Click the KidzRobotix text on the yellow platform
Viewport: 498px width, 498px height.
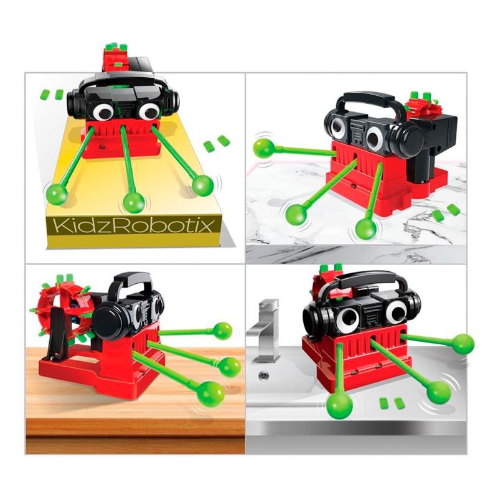(x=133, y=225)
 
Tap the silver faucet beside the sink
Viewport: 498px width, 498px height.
(x=264, y=331)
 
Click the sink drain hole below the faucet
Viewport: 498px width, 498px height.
(x=263, y=375)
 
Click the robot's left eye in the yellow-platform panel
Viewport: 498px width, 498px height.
(x=103, y=112)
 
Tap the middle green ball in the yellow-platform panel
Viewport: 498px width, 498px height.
(x=134, y=202)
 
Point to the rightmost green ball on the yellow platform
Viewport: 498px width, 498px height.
(x=203, y=186)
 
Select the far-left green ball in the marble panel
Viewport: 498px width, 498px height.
(x=264, y=148)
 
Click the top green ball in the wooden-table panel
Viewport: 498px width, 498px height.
(x=222, y=331)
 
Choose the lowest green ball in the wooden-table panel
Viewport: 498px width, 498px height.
(x=210, y=394)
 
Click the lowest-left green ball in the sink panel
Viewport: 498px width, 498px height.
(x=339, y=406)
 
